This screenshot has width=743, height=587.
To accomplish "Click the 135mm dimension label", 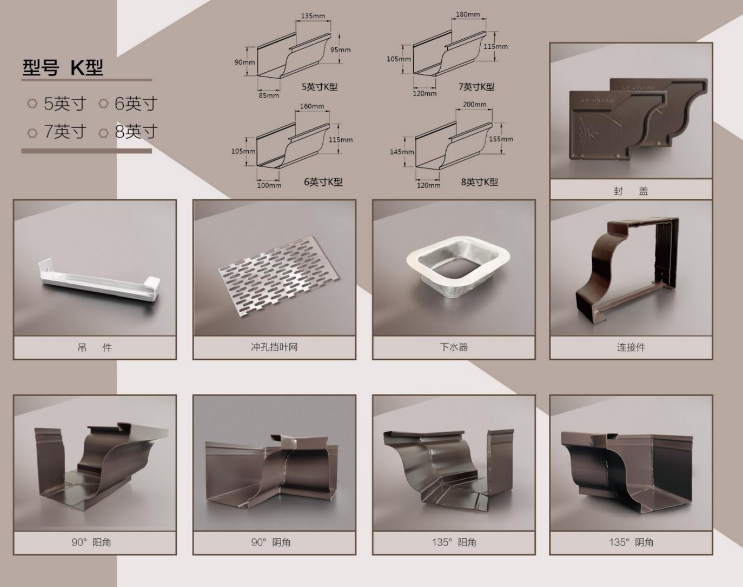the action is pyautogui.click(x=313, y=16).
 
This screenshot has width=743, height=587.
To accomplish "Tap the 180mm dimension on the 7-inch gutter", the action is pyautogui.click(x=468, y=14).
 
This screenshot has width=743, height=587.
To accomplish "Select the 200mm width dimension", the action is pyautogui.click(x=474, y=104).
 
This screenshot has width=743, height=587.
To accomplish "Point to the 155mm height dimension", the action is pyautogui.click(x=501, y=139).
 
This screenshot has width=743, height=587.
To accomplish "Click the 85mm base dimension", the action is pyautogui.click(x=269, y=95).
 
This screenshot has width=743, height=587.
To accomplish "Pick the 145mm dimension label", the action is pyautogui.click(x=402, y=152).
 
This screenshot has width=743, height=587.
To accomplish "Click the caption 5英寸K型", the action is pyautogui.click(x=320, y=87).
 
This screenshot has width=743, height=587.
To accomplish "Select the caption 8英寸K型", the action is pyautogui.click(x=480, y=182).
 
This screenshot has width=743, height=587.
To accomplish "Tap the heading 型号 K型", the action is pyautogui.click(x=63, y=67).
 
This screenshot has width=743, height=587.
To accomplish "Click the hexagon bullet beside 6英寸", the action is pyautogui.click(x=103, y=104).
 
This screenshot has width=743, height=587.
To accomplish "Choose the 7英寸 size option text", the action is pyautogui.click(x=65, y=131).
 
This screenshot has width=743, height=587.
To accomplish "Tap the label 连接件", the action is pyautogui.click(x=631, y=347).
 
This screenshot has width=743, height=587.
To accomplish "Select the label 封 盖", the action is pyautogui.click(x=631, y=191).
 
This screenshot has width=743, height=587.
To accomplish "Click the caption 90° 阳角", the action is pyautogui.click(x=91, y=543).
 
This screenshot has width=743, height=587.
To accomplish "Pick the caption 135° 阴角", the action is pyautogui.click(x=631, y=543).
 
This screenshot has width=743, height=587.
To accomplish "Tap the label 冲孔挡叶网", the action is pyautogui.click(x=274, y=347).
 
